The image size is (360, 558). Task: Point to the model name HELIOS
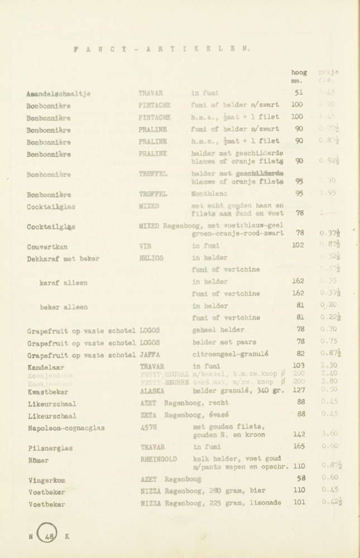click(x=150, y=258)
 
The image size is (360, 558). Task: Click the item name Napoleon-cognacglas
click(x=65, y=427)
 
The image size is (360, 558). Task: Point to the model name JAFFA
click(x=149, y=353)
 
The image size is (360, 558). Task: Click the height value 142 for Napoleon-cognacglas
click(x=299, y=434)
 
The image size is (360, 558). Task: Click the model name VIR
click(x=144, y=246)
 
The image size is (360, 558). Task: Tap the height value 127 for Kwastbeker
click(x=299, y=391)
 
